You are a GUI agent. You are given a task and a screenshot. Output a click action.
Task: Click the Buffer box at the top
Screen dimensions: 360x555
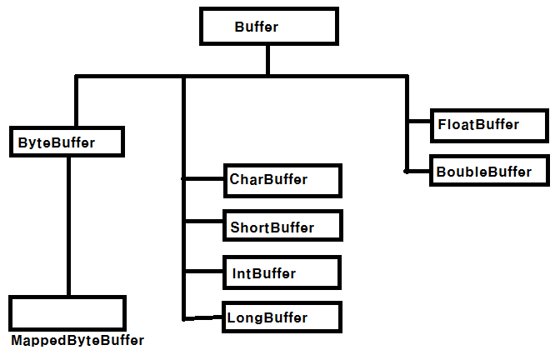click(x=268, y=27)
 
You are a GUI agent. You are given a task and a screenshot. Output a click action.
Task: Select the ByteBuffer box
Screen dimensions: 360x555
click(x=67, y=142)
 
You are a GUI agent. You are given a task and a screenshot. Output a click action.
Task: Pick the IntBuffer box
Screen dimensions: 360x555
click(x=282, y=272)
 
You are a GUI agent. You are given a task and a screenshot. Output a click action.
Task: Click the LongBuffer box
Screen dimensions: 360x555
click(x=282, y=317)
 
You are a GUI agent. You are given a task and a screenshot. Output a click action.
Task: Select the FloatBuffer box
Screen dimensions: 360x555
click(x=488, y=125)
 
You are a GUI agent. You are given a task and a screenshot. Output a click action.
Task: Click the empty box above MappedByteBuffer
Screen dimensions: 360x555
click(x=67, y=313)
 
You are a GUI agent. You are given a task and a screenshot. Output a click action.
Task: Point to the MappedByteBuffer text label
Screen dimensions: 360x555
click(x=77, y=341)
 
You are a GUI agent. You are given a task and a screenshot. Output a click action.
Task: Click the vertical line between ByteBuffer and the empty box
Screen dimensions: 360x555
click(x=68, y=225)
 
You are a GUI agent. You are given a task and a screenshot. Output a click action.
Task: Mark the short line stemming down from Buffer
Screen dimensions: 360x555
click(x=267, y=60)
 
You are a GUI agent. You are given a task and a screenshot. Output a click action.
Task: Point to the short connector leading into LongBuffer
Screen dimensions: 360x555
click(x=204, y=317)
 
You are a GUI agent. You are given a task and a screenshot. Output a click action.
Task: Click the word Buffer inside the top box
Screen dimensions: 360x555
click(x=256, y=27)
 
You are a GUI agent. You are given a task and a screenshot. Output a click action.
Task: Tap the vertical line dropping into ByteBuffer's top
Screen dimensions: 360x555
click(x=77, y=102)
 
